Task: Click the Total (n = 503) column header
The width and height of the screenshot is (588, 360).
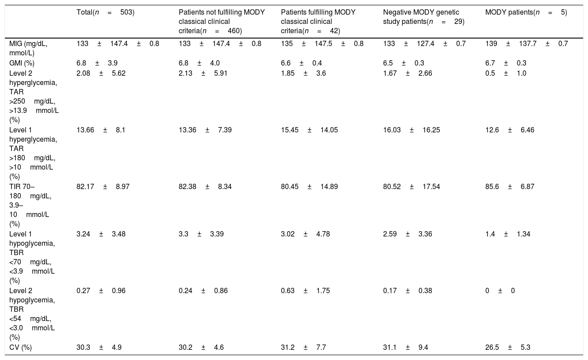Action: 105,12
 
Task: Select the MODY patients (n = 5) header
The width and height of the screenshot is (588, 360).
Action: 526,12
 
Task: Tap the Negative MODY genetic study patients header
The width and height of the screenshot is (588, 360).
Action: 424,17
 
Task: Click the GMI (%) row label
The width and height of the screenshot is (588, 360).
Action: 22,63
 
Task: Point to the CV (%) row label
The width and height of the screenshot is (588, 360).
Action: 20,348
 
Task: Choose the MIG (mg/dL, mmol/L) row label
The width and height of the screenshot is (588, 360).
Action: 28,48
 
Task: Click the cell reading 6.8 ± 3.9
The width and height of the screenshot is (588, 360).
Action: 97,63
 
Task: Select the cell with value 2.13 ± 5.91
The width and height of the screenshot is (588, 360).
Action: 203,73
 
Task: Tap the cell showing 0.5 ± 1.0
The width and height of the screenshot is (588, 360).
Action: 506,73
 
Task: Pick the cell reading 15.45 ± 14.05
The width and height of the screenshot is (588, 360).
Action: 309,130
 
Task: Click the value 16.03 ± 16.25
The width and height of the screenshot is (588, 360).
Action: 411,130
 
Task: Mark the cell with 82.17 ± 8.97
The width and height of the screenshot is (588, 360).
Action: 103,186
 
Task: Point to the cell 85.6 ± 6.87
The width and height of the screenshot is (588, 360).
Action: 510,186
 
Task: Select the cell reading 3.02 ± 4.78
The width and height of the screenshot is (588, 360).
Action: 305,234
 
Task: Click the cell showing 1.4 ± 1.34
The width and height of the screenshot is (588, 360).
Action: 507,234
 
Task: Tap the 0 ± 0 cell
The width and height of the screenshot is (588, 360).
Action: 500,290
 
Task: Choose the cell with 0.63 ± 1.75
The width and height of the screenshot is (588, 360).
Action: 305,290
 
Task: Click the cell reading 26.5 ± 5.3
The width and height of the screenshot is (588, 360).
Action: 507,348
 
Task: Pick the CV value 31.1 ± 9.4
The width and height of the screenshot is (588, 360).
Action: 406,348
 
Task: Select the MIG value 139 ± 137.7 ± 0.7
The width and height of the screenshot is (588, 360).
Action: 527,43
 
